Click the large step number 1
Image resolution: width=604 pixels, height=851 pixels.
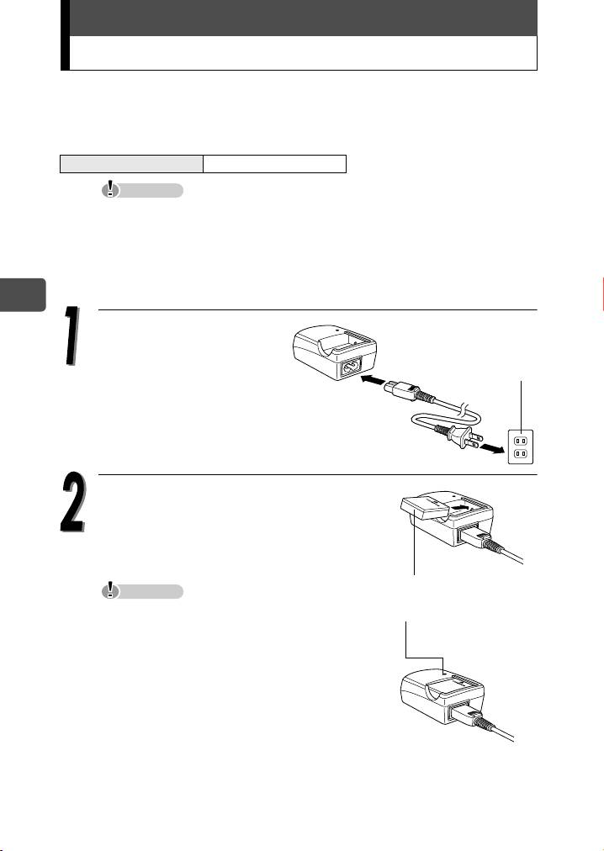72,336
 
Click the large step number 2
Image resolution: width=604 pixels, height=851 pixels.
73,503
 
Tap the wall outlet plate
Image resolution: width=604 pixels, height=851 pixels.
521,447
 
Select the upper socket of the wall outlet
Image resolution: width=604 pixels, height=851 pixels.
521,440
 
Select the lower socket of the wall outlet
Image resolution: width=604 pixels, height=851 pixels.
521,452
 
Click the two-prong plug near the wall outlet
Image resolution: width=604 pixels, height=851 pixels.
464,436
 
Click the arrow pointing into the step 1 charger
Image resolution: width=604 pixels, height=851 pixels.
373,380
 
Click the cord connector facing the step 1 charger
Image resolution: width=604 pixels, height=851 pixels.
402,391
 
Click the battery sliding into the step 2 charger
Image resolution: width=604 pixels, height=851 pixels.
425,509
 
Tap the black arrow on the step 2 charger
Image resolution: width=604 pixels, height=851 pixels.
459,506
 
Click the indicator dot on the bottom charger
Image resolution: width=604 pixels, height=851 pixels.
444,673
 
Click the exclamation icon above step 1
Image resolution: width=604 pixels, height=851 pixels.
111,189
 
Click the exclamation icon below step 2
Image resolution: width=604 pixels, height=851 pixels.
111,590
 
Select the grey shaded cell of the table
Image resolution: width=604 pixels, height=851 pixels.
131,163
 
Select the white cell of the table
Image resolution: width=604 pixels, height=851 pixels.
274,163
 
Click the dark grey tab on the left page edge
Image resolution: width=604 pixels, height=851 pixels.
22,294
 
